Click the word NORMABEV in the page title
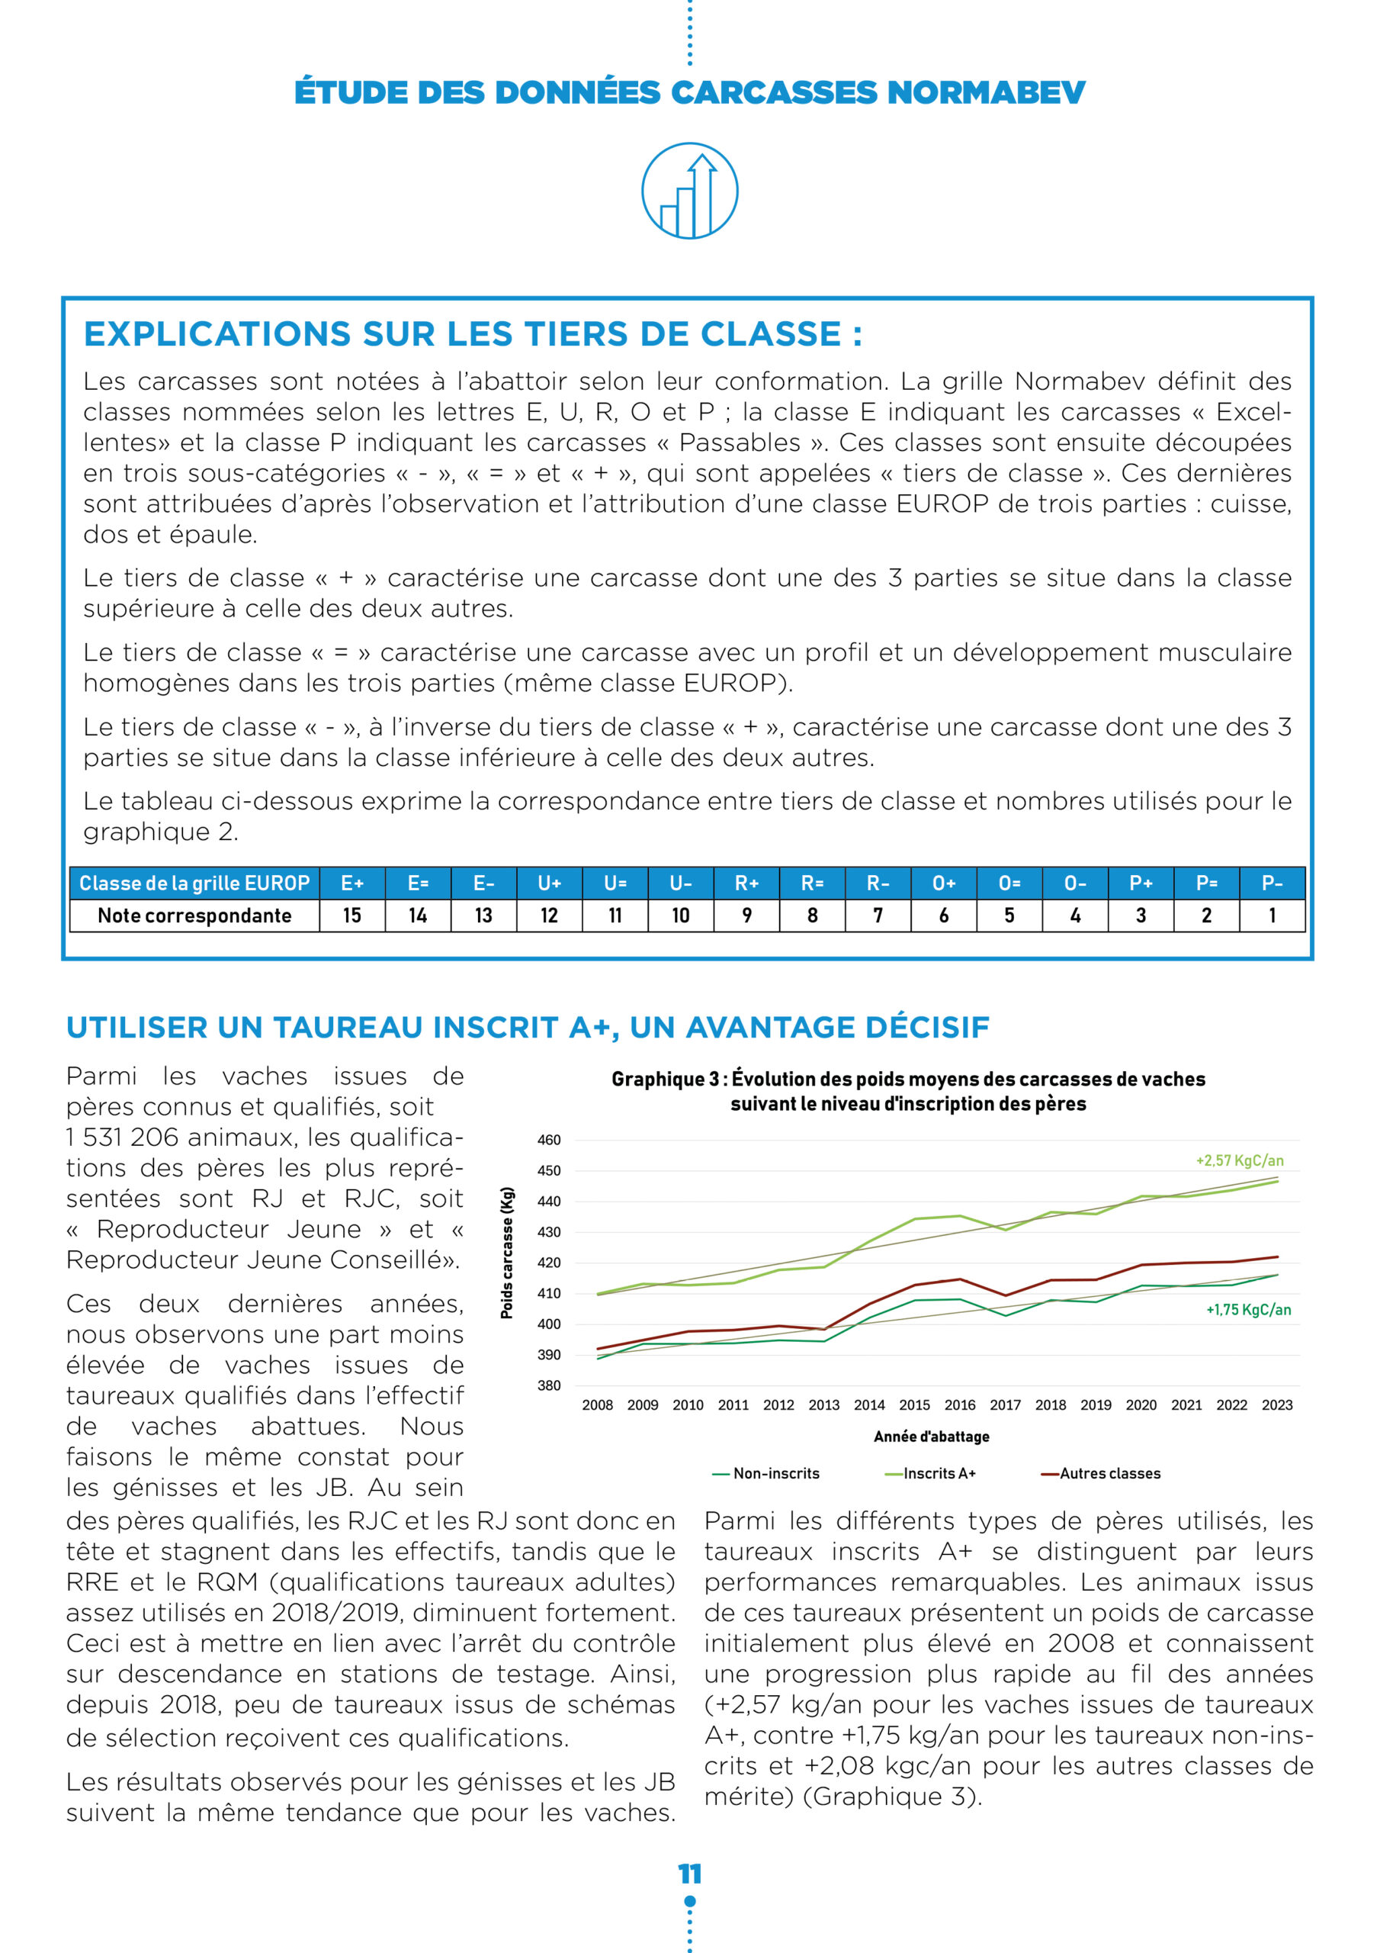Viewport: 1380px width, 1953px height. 986,92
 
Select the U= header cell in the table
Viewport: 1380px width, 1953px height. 615,883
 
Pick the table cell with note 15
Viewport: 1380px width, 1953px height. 352,916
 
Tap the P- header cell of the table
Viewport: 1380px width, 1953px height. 1272,883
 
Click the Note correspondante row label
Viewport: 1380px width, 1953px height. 194,916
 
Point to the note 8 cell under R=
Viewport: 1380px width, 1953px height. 812,916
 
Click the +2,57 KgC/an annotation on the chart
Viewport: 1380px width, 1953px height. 1239,1160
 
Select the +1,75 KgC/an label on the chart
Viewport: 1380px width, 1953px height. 1247,1310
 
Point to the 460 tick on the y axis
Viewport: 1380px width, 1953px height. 548,1140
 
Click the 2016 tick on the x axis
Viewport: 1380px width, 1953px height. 959,1405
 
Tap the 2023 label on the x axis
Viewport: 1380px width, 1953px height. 1276,1405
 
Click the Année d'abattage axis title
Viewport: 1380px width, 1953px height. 931,1437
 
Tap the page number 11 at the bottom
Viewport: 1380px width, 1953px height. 689,1873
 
